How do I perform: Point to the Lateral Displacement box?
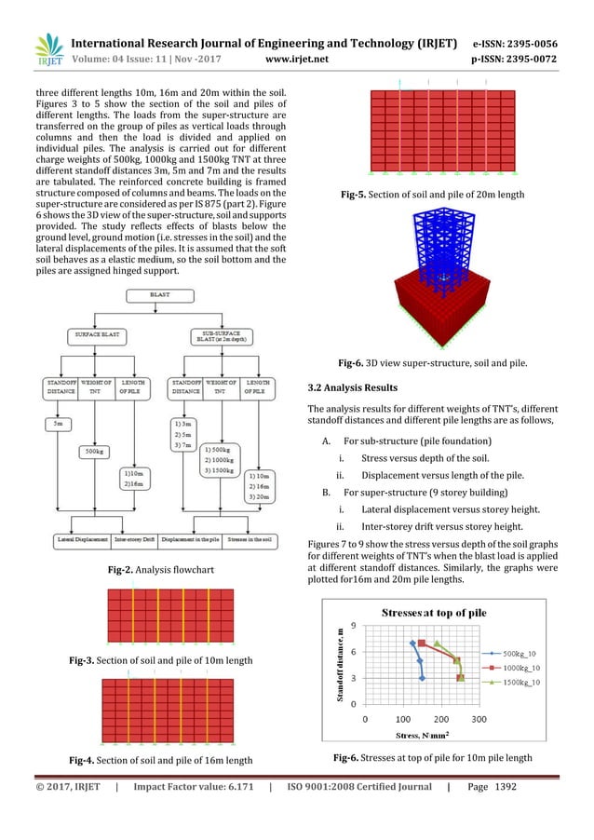[x=75, y=539]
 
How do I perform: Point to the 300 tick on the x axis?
[x=479, y=718]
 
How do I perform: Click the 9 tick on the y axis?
[x=354, y=626]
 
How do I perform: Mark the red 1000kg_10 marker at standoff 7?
[x=422, y=644]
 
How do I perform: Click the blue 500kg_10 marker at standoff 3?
[x=422, y=678]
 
